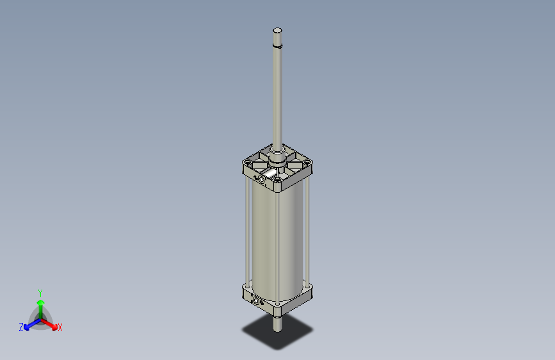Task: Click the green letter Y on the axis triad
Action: (40, 292)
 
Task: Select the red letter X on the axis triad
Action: (60, 327)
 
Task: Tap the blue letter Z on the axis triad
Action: (21, 327)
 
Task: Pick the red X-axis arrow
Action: (51, 322)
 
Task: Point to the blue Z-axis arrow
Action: (29, 323)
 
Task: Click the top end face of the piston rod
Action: (277, 30)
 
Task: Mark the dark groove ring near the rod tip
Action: (277, 46)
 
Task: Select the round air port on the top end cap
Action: (261, 180)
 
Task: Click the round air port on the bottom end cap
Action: (258, 301)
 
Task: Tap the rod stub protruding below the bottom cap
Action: (277, 324)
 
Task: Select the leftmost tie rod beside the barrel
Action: (246, 231)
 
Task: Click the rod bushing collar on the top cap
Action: (277, 154)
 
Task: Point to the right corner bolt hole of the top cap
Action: (309, 164)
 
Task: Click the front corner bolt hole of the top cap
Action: (277, 180)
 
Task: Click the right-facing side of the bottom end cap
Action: (297, 301)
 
